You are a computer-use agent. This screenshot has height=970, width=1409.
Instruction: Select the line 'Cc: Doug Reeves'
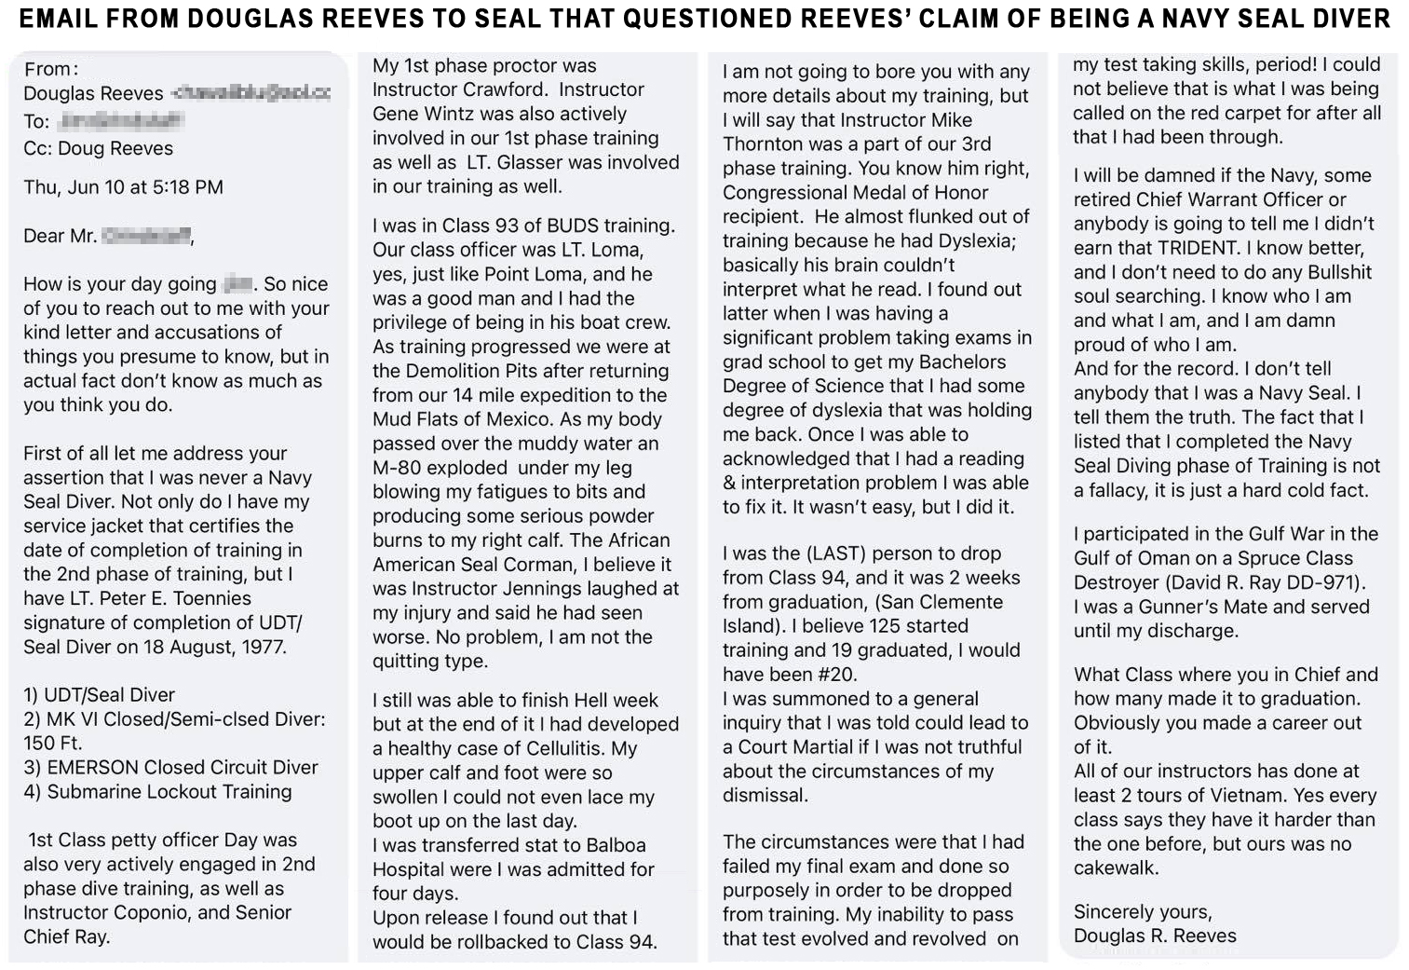point(98,148)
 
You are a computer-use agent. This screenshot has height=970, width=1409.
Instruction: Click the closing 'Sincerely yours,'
point(1143,912)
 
